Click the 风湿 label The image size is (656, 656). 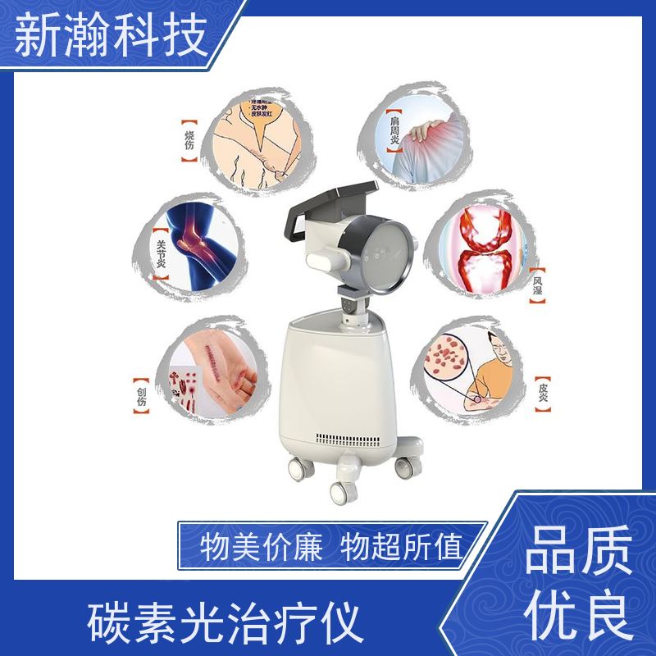coord(538,284)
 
